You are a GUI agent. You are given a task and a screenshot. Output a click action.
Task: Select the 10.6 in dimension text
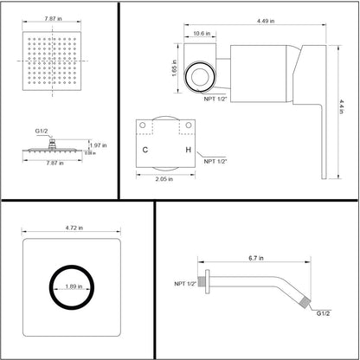(201, 34)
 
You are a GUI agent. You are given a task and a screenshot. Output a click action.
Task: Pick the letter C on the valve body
(146, 148)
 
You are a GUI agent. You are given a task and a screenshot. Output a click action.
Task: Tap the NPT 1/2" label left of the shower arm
(185, 283)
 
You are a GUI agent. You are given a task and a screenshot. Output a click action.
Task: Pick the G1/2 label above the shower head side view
(42, 130)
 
